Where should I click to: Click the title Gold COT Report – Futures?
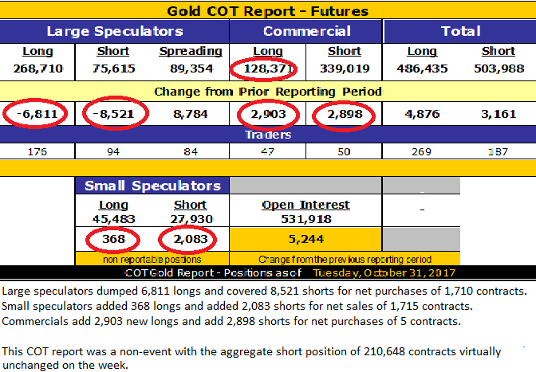click(x=268, y=11)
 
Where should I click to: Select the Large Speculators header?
click(x=115, y=32)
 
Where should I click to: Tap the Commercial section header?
click(x=306, y=32)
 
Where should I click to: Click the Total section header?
click(x=460, y=32)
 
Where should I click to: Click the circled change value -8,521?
click(x=113, y=114)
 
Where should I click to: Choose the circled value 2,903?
click(x=267, y=114)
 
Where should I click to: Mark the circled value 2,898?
click(x=345, y=114)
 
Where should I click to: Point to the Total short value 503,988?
click(x=499, y=69)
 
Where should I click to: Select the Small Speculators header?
click(x=152, y=186)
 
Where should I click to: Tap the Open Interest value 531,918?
click(x=306, y=219)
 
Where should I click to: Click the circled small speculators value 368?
click(x=113, y=240)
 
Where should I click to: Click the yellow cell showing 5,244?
click(x=306, y=240)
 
